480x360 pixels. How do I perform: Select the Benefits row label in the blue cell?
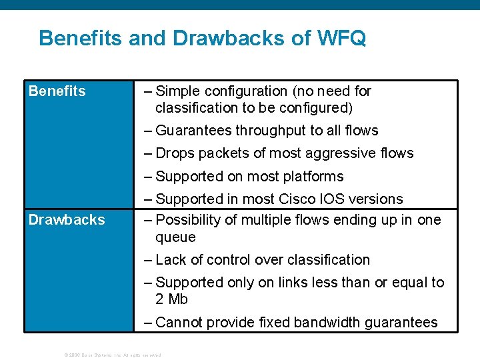(57, 91)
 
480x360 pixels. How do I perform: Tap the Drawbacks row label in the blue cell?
(67, 219)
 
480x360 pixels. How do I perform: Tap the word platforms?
(313, 177)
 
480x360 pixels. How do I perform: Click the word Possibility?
(187, 220)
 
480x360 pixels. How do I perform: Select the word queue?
(175, 237)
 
